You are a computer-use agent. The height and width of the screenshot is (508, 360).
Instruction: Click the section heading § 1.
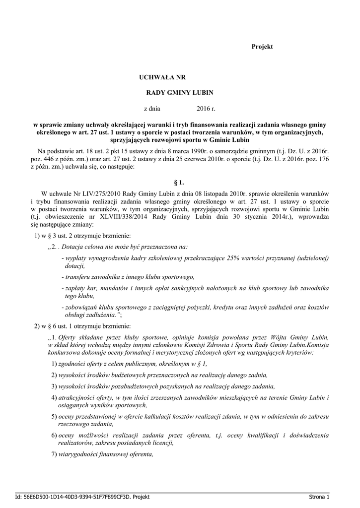[180, 183]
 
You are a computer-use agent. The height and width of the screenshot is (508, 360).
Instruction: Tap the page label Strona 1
[319, 497]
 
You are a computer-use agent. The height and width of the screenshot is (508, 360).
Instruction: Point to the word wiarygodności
[80, 454]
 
